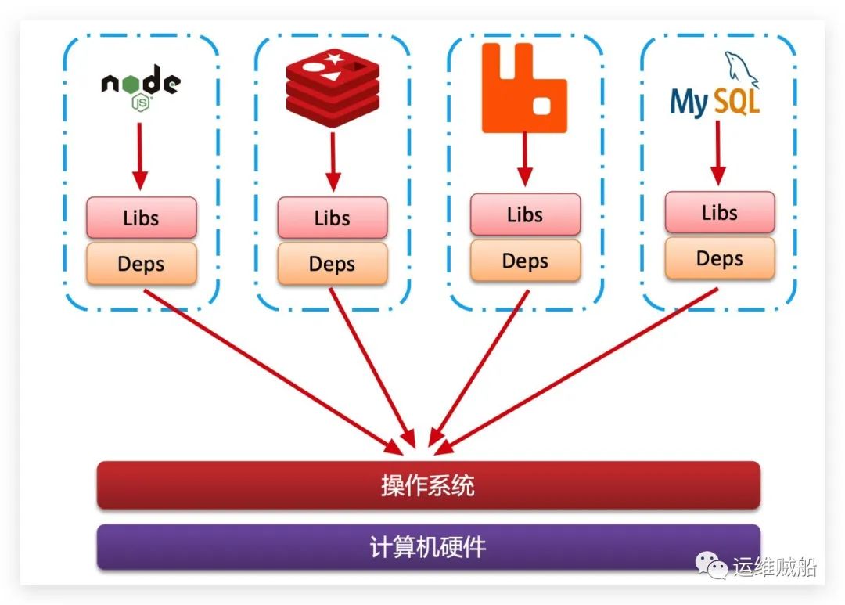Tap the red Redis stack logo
[333, 88]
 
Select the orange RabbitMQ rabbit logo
[523, 88]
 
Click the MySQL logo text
[714, 101]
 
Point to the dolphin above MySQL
[741, 69]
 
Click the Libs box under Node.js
[141, 218]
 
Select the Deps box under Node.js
[141, 264]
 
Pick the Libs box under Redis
[333, 218]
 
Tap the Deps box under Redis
[333, 264]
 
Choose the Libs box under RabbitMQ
[526, 214]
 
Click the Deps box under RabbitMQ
[526, 261]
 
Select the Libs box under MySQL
[720, 212]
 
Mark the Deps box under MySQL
[720, 258]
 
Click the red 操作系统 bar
[429, 485]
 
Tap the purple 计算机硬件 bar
[429, 547]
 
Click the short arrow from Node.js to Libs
[140, 157]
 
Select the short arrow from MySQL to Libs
[717, 153]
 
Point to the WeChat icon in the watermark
[711, 565]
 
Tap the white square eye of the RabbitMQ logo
[541, 106]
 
